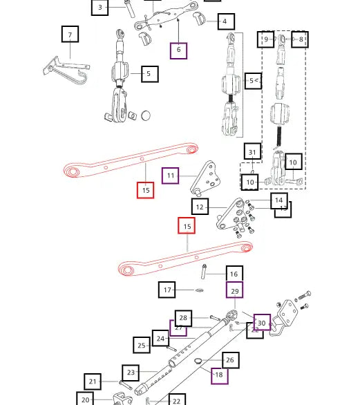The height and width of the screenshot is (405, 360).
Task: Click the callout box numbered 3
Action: click(100, 8)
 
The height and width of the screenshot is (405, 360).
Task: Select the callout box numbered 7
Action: click(69, 34)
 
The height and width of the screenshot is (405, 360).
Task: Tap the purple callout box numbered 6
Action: click(178, 50)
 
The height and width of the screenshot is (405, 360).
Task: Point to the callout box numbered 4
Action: click(225, 22)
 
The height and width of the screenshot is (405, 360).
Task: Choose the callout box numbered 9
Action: click(266, 40)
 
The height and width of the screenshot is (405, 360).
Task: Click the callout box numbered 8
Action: click(300, 40)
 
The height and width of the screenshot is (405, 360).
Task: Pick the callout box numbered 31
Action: click(252, 153)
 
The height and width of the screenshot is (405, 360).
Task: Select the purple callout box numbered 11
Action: click(171, 176)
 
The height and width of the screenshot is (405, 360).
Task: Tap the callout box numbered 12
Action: click(200, 207)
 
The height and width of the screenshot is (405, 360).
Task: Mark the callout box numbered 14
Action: click(278, 200)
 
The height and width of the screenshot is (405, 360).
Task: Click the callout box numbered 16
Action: click(234, 274)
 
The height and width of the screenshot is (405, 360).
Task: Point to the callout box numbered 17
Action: click(167, 290)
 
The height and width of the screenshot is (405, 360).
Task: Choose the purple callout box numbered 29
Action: click(235, 292)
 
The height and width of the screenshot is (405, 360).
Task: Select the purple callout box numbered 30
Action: click(261, 323)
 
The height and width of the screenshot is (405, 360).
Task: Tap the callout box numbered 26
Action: click(230, 359)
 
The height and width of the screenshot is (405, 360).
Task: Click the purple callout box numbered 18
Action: click(219, 375)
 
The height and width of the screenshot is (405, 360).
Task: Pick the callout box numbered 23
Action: click(131, 373)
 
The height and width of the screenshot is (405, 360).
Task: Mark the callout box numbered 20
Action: click(85, 399)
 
